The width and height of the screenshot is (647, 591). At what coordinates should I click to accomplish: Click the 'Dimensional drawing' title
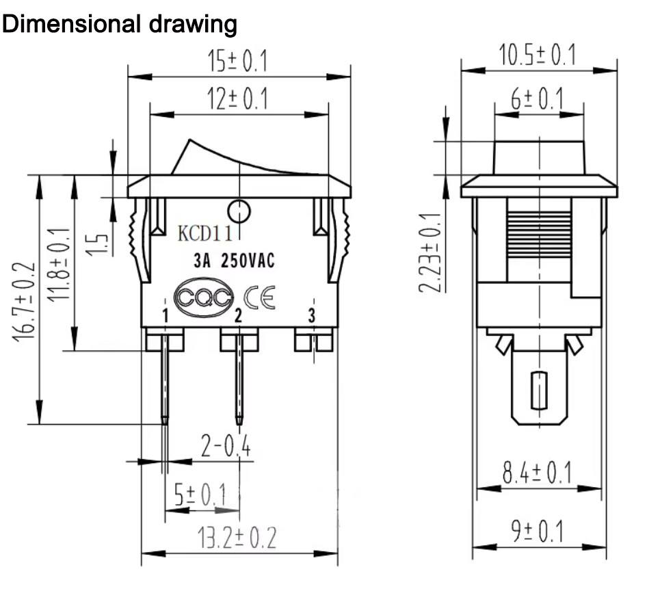(119, 24)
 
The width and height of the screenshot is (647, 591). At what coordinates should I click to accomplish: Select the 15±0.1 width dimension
(237, 62)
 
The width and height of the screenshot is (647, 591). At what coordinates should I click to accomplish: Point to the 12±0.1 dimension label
(237, 98)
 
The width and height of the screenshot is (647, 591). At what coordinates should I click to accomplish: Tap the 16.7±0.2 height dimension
(24, 301)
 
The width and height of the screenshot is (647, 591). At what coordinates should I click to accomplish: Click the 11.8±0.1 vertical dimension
(59, 264)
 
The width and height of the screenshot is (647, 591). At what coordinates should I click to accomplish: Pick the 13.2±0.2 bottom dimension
(237, 537)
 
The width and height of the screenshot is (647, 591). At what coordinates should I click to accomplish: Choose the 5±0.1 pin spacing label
(200, 495)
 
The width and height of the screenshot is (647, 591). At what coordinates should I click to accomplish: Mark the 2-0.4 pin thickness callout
(226, 445)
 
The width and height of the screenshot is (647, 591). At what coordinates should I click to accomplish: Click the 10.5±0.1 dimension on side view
(538, 55)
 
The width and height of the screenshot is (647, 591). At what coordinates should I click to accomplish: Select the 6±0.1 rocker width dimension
(538, 98)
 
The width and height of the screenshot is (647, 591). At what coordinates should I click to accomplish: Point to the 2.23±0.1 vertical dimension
(430, 252)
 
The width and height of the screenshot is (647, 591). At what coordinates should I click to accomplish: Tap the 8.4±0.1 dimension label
(538, 473)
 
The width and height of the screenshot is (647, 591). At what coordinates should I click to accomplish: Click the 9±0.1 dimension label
(538, 531)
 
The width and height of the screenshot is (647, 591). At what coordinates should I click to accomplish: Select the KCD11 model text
(204, 233)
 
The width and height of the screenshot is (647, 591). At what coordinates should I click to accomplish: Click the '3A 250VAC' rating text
(234, 261)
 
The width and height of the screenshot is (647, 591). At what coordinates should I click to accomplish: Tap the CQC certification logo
(204, 298)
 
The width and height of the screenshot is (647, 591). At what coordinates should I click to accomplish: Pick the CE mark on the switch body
(259, 297)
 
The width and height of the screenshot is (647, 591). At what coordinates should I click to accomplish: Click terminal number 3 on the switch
(312, 316)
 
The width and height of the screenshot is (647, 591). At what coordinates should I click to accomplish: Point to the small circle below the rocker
(239, 212)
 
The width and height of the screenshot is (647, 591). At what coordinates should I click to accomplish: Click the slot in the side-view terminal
(539, 391)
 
